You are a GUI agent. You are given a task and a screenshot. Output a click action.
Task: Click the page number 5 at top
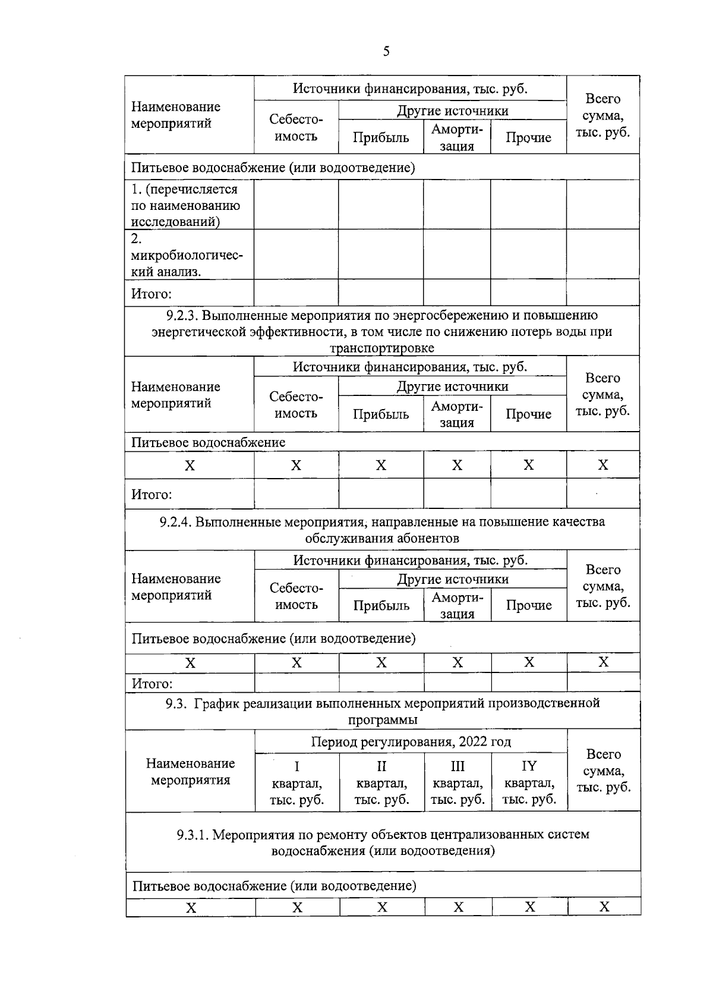coord(386,52)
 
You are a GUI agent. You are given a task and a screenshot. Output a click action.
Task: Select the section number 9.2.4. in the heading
coord(175,522)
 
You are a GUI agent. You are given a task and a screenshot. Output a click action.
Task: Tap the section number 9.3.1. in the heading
coord(193,834)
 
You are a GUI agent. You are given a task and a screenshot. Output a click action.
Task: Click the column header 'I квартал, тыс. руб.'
coord(296,782)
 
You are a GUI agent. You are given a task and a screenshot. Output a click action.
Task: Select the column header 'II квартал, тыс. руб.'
coord(381,782)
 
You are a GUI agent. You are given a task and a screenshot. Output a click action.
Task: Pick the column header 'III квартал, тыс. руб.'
coord(458,782)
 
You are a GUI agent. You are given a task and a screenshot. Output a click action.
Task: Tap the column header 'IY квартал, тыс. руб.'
coord(529,782)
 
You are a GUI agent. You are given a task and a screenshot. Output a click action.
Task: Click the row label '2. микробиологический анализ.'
coord(187,255)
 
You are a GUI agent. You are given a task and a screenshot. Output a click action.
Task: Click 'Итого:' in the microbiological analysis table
coord(151,294)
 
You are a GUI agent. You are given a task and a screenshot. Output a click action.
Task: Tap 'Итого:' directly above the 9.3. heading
coord(152,684)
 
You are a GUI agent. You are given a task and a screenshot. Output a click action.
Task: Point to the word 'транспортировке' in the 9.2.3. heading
coord(382,348)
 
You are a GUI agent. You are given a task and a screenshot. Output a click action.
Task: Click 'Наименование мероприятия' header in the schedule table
coord(190,771)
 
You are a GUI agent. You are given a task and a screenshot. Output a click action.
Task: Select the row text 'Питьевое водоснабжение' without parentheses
coord(208,442)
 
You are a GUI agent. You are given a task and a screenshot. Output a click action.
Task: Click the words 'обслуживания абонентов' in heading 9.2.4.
coord(382,539)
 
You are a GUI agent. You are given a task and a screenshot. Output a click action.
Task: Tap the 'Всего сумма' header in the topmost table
coord(602,115)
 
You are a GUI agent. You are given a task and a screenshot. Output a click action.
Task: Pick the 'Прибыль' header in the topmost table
coord(381,138)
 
